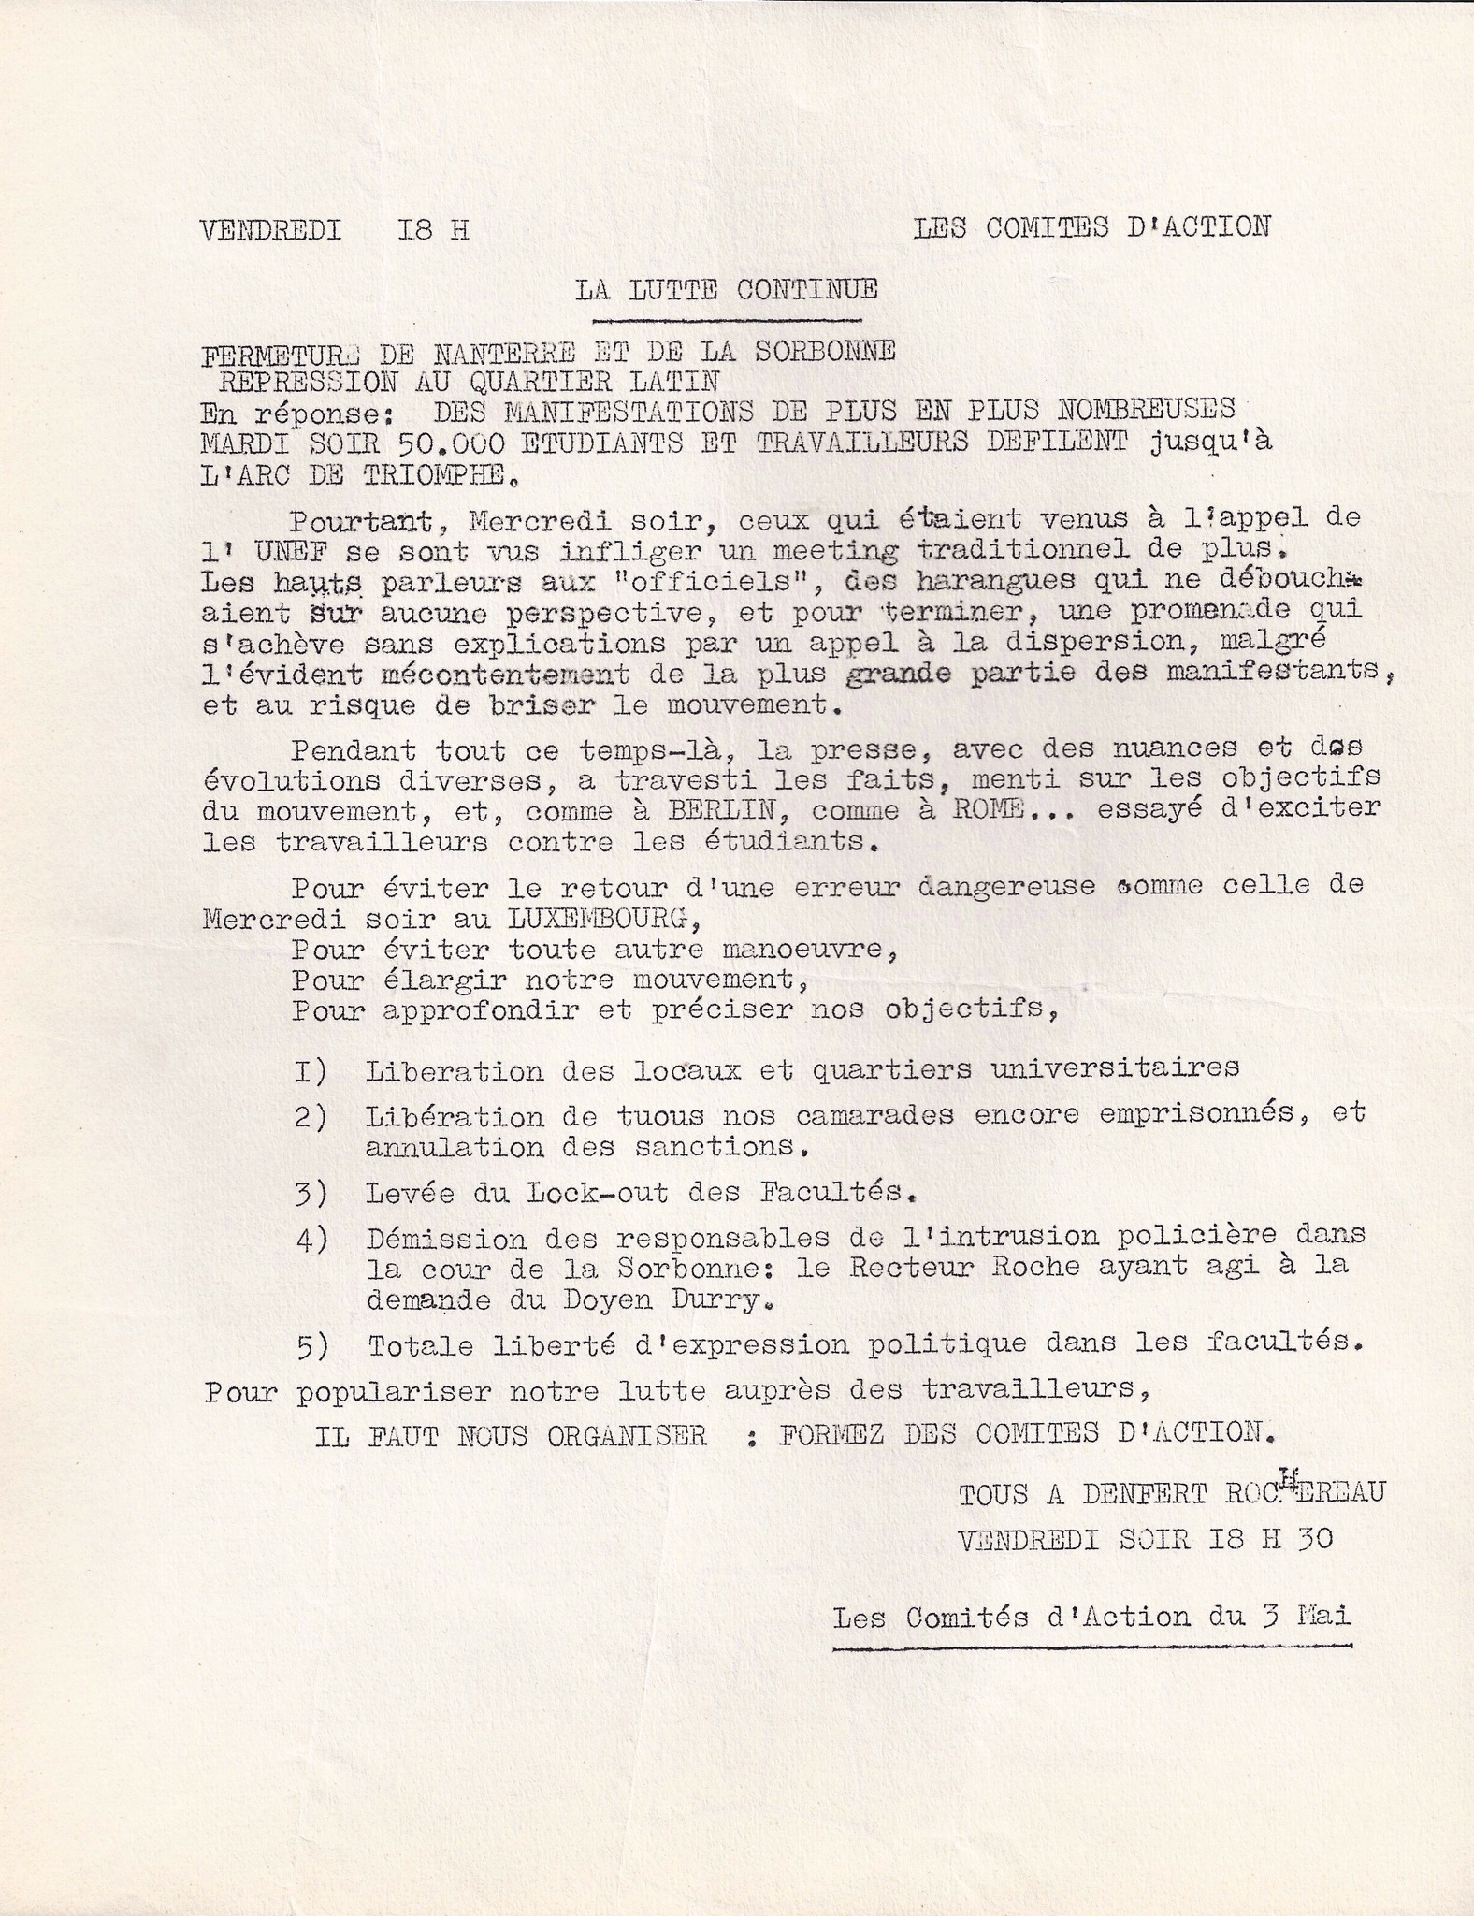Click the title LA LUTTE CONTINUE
[726, 289]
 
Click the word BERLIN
[725, 810]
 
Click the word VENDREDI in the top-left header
[270, 229]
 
